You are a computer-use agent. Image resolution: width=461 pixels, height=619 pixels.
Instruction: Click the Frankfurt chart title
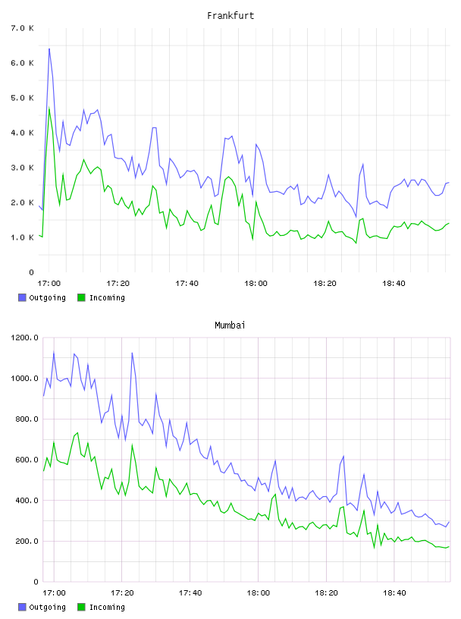(230, 16)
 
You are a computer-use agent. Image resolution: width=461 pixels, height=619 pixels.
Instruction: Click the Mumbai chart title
(230, 325)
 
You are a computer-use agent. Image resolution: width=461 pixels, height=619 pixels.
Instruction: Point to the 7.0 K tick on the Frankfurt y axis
(23, 28)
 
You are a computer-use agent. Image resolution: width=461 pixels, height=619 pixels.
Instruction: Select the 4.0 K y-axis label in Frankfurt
(23, 133)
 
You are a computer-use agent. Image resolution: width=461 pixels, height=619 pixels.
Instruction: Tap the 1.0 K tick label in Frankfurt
(23, 237)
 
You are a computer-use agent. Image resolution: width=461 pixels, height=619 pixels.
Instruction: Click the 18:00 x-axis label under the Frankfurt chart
(256, 283)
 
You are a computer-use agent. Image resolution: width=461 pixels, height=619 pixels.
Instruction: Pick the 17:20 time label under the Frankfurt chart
(118, 283)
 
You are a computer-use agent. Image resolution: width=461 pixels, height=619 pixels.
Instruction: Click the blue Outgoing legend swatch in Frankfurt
(22, 297)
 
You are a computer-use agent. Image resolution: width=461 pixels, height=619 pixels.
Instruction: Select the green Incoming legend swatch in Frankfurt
(81, 297)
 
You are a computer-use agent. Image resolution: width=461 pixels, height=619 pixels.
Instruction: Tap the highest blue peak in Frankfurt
(49, 49)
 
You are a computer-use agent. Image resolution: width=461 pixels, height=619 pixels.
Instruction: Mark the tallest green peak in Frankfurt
(49, 108)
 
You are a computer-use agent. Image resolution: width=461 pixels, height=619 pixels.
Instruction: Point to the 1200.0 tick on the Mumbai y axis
(24, 338)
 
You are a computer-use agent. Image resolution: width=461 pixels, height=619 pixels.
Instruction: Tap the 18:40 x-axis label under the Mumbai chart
(394, 592)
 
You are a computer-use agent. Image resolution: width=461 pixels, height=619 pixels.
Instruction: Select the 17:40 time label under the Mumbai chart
(190, 592)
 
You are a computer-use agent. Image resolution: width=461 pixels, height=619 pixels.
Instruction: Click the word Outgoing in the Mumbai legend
(47, 607)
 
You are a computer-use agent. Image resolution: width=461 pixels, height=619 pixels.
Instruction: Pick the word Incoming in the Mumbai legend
(107, 607)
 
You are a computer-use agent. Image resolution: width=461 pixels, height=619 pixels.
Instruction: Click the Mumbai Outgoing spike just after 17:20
(132, 353)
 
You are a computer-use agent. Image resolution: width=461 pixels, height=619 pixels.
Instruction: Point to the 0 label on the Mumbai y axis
(36, 582)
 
